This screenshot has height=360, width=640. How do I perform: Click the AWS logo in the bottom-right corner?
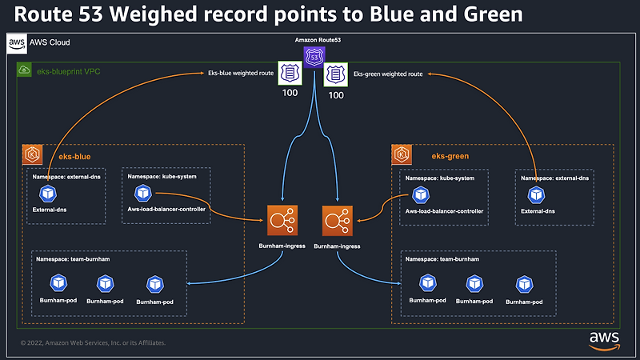604,339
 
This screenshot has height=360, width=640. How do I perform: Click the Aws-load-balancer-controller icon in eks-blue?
144,193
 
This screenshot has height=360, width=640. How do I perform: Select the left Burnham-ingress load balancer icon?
281,219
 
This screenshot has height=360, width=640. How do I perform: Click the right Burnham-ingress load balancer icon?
336,219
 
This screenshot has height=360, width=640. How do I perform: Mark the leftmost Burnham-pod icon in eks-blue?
58,283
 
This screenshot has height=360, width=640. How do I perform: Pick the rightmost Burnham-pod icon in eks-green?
525,283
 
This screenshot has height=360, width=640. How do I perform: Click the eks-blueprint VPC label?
68,72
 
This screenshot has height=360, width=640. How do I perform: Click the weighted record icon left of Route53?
289,74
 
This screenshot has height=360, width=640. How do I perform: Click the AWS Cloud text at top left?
50,42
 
